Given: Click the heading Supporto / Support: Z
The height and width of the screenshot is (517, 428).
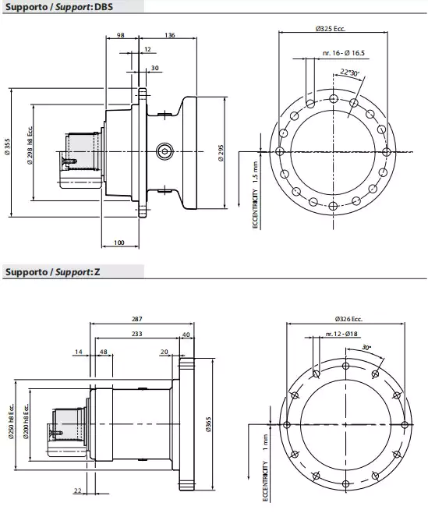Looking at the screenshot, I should [51, 272].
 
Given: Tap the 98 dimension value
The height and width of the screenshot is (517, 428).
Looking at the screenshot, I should [121, 35].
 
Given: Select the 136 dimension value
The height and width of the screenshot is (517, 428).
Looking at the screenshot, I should [170, 35].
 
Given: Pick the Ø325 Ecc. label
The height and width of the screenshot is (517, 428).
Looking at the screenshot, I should [331, 28].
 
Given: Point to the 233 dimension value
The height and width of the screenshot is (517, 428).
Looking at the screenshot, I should [136, 334].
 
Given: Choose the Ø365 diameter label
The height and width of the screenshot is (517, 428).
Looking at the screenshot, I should [208, 421].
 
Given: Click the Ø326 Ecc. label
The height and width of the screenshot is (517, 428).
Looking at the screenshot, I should [348, 319].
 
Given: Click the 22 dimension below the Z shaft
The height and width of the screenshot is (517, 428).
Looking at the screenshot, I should [78, 490].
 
